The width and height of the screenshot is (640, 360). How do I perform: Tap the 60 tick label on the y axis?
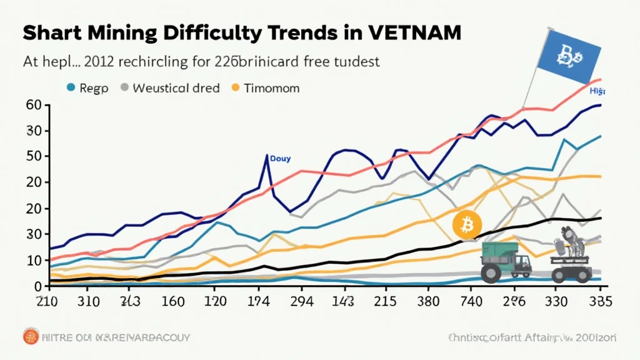[x=33, y=105]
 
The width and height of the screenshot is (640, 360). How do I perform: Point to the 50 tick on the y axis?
[x=33, y=156]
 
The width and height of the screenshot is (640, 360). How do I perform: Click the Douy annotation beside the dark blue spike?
[x=280, y=159]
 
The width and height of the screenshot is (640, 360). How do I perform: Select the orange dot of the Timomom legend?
[x=236, y=88]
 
